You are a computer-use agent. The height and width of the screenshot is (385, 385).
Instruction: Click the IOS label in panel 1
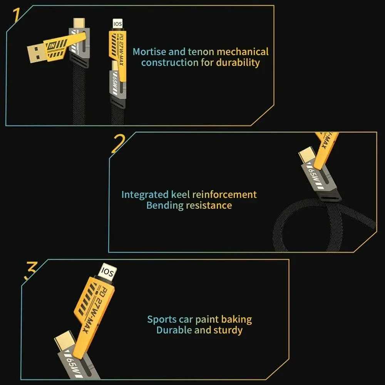pyautogui.click(x=116, y=24)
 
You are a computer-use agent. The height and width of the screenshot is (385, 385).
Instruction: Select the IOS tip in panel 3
pyautogui.click(x=107, y=272)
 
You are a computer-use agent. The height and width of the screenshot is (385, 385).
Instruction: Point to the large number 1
pyautogui.click(x=16, y=15)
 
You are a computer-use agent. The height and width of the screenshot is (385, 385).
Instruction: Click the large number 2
pyautogui.click(x=118, y=144)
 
